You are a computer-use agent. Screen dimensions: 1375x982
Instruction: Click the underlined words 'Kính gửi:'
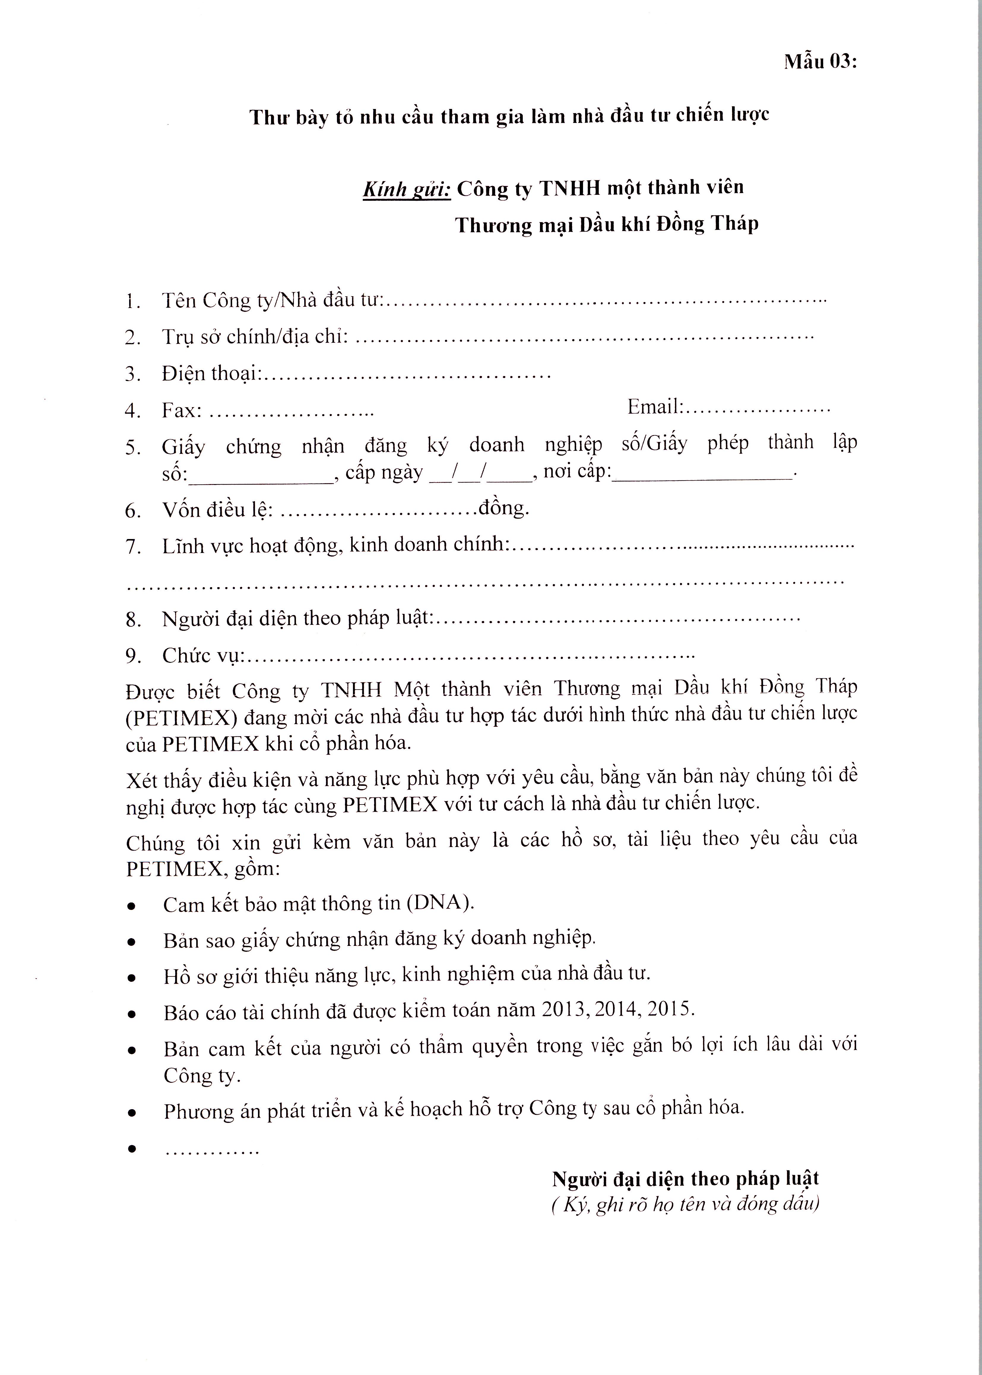click(406, 189)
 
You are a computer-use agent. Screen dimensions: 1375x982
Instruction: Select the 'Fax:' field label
click(181, 411)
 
